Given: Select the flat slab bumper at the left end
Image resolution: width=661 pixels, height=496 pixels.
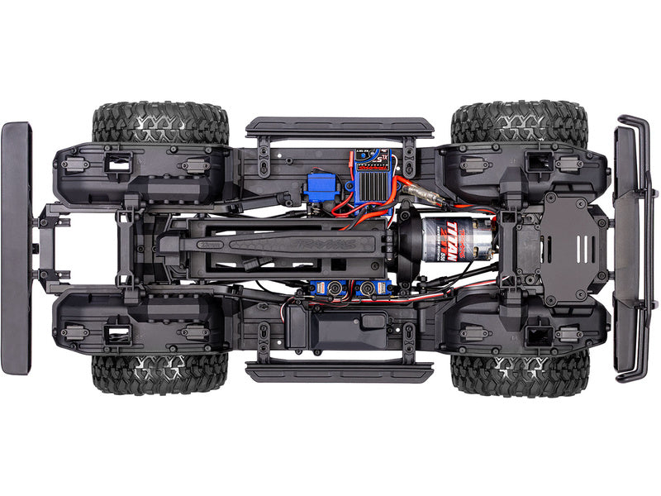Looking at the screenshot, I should point(16,248).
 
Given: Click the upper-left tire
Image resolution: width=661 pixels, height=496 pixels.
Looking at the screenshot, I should point(160,122).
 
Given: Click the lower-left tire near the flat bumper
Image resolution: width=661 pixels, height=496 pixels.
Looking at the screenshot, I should point(160,374).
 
